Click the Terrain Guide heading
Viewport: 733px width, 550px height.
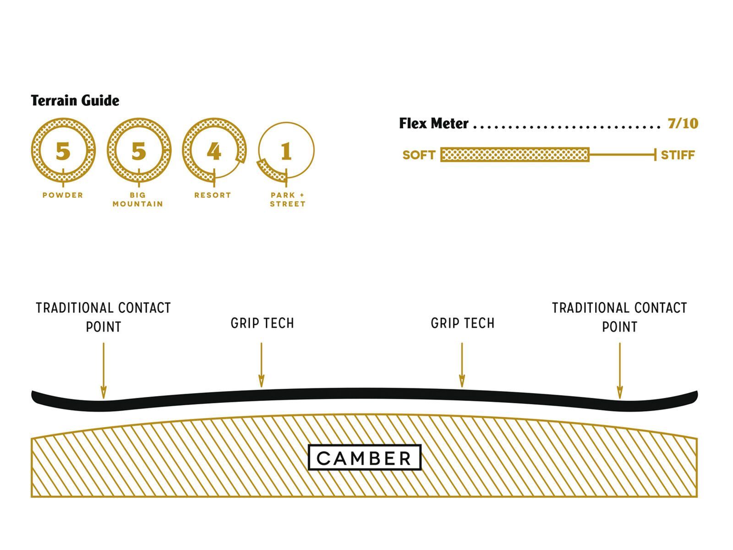75,100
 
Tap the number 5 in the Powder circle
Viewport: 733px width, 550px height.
63,151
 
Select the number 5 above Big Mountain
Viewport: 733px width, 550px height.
139,151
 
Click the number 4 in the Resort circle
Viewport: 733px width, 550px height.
214,151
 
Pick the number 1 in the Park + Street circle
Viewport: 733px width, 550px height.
286,151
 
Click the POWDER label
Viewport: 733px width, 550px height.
63,195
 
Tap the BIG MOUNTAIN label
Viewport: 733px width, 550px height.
138,199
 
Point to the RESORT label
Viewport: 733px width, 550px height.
213,195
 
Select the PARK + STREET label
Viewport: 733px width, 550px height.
288,199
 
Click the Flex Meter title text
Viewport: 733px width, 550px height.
433,123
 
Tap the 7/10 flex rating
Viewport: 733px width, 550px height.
683,123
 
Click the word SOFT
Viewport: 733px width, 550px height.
418,155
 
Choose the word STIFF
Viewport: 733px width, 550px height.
678,155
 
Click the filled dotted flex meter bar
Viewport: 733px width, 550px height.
514,155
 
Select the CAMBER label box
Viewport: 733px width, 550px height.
365,457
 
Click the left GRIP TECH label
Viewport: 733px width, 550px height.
262,323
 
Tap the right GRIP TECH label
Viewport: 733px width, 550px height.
462,323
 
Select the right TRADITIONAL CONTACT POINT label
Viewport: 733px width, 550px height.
619,317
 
